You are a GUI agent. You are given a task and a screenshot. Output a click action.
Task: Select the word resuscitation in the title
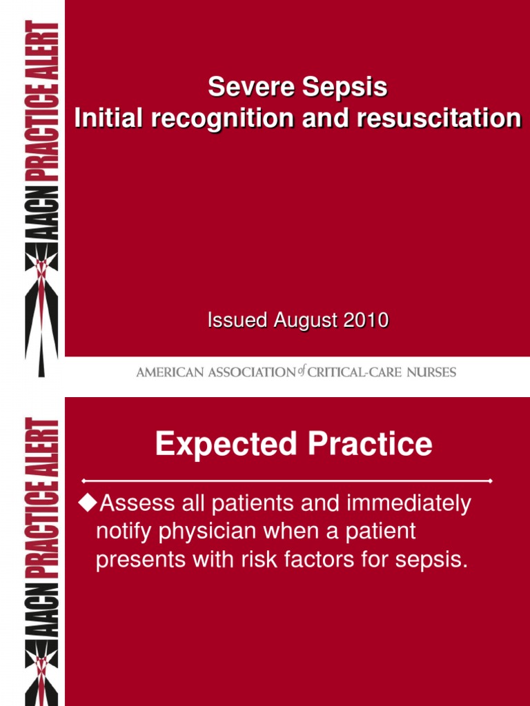tap(439, 119)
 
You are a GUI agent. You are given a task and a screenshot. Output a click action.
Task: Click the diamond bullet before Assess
tap(88, 503)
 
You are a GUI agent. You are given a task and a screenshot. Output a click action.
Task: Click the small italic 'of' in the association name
tap(302, 371)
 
